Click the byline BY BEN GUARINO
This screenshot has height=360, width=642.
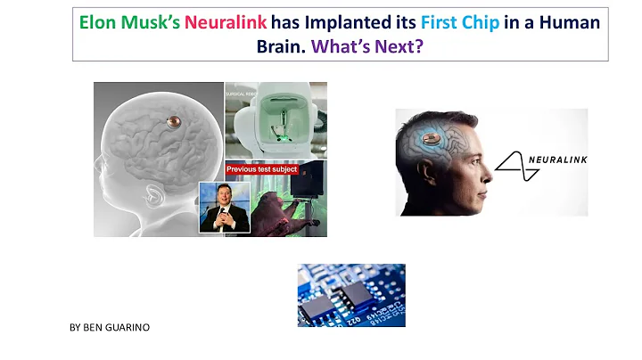point(109,328)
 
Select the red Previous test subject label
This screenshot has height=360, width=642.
point(263,168)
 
